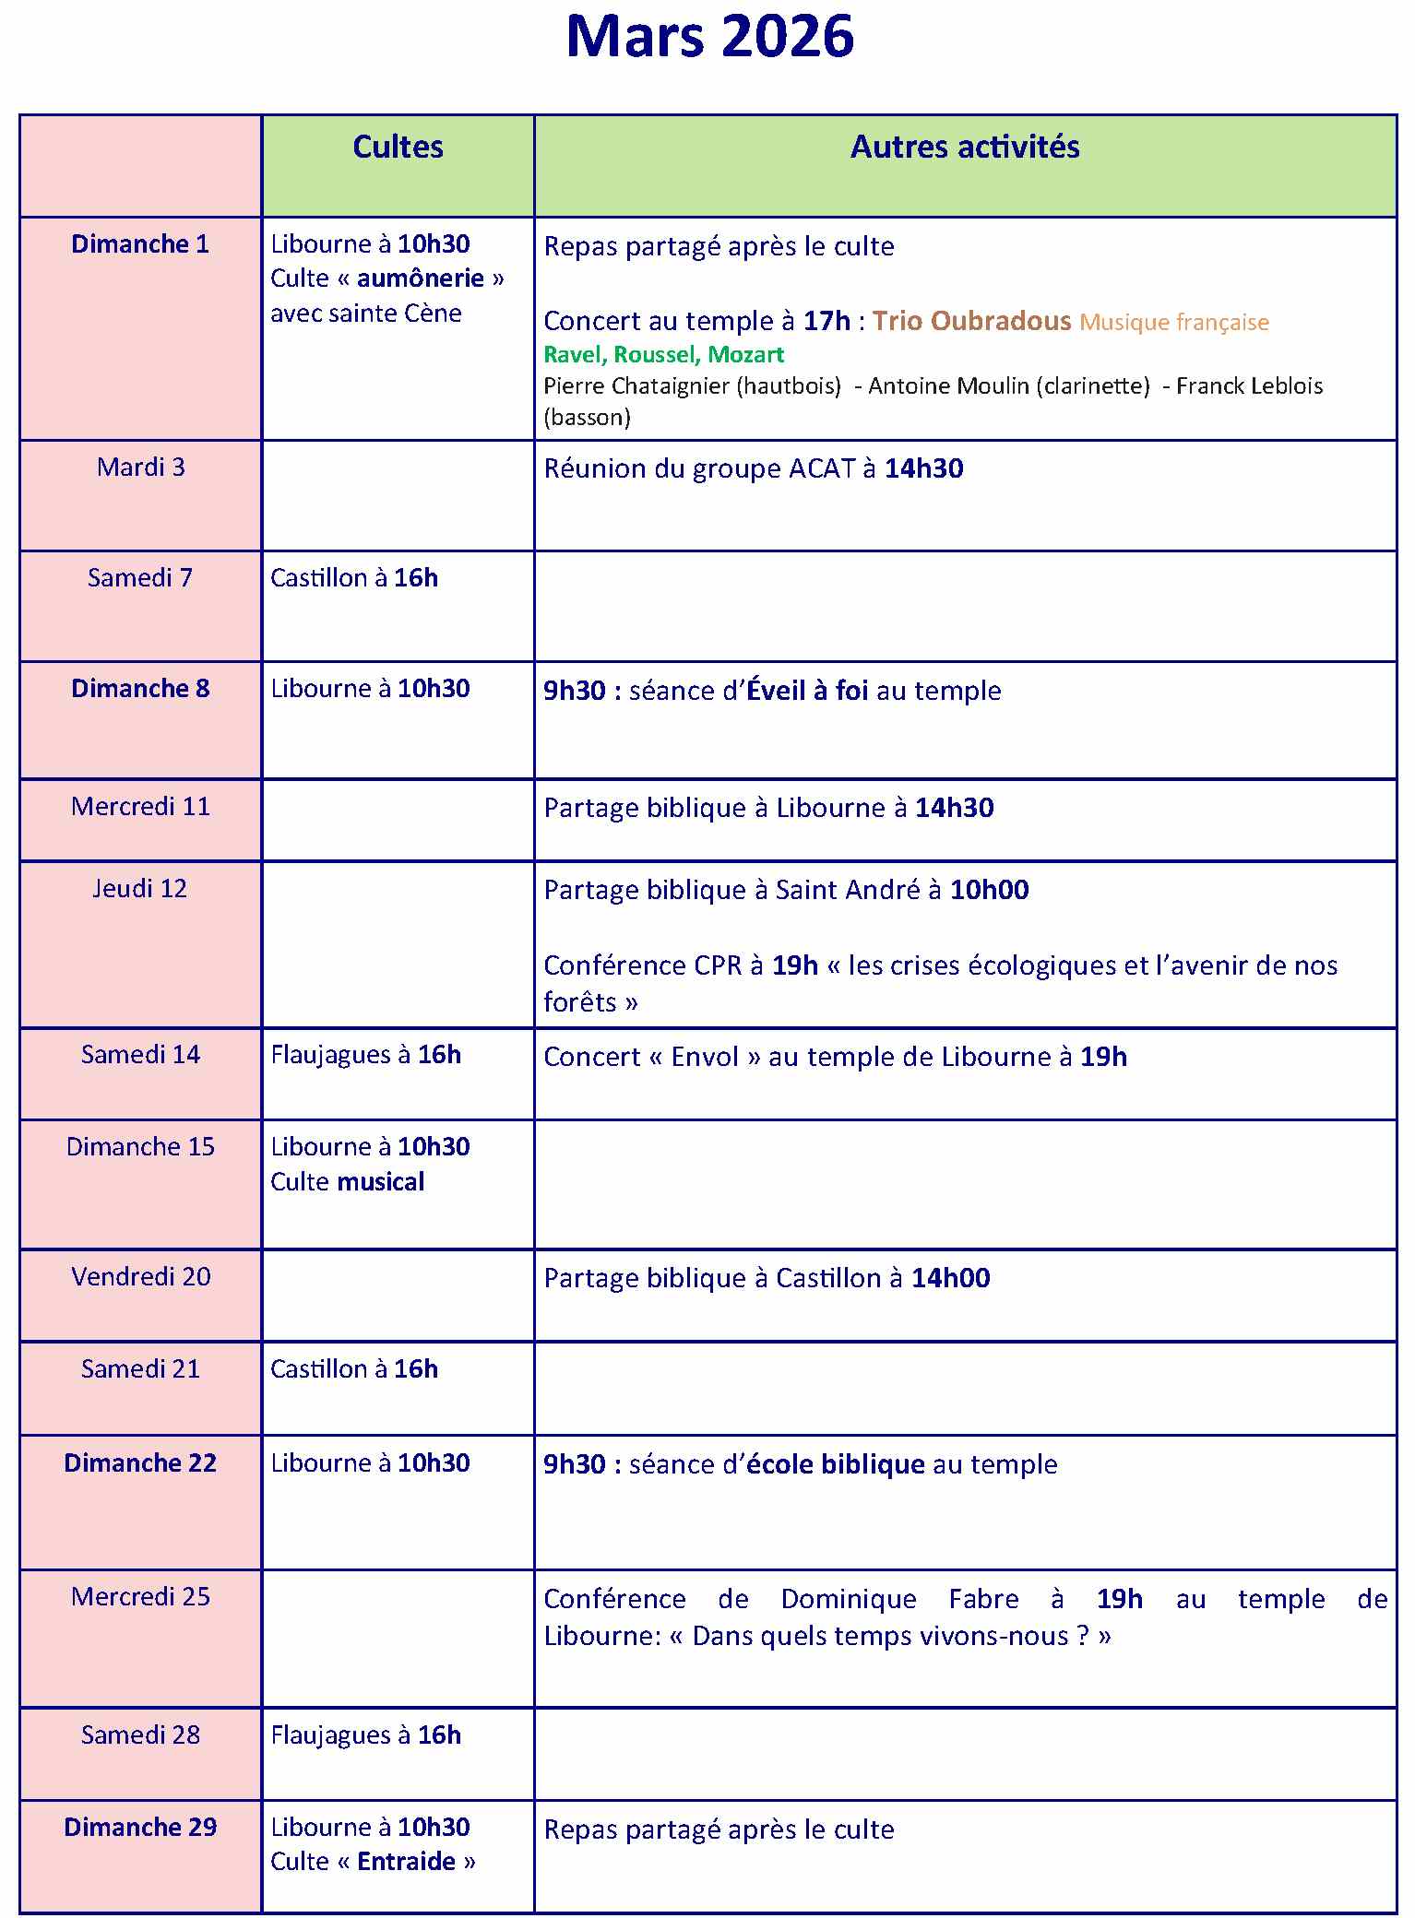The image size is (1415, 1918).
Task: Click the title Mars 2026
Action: click(709, 37)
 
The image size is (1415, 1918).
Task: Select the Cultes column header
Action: click(398, 148)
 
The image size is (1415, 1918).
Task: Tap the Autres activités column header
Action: click(964, 148)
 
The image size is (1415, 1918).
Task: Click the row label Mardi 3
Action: click(140, 468)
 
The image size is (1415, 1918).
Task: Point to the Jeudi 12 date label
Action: click(140, 889)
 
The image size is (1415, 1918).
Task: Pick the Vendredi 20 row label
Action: click(140, 1277)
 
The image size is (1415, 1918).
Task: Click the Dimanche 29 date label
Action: click(140, 1828)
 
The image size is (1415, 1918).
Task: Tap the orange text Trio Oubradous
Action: click(971, 321)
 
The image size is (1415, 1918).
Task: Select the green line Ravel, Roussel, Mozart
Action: click(663, 354)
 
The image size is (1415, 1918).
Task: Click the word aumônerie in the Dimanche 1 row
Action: click(420, 278)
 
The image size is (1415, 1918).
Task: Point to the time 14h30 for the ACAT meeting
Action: click(923, 468)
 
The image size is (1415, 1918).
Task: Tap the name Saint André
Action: click(847, 890)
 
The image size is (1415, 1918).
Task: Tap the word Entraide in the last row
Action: click(406, 1862)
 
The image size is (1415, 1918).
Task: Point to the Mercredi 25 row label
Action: click(140, 1597)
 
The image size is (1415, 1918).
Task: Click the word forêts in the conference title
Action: click(579, 1002)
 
